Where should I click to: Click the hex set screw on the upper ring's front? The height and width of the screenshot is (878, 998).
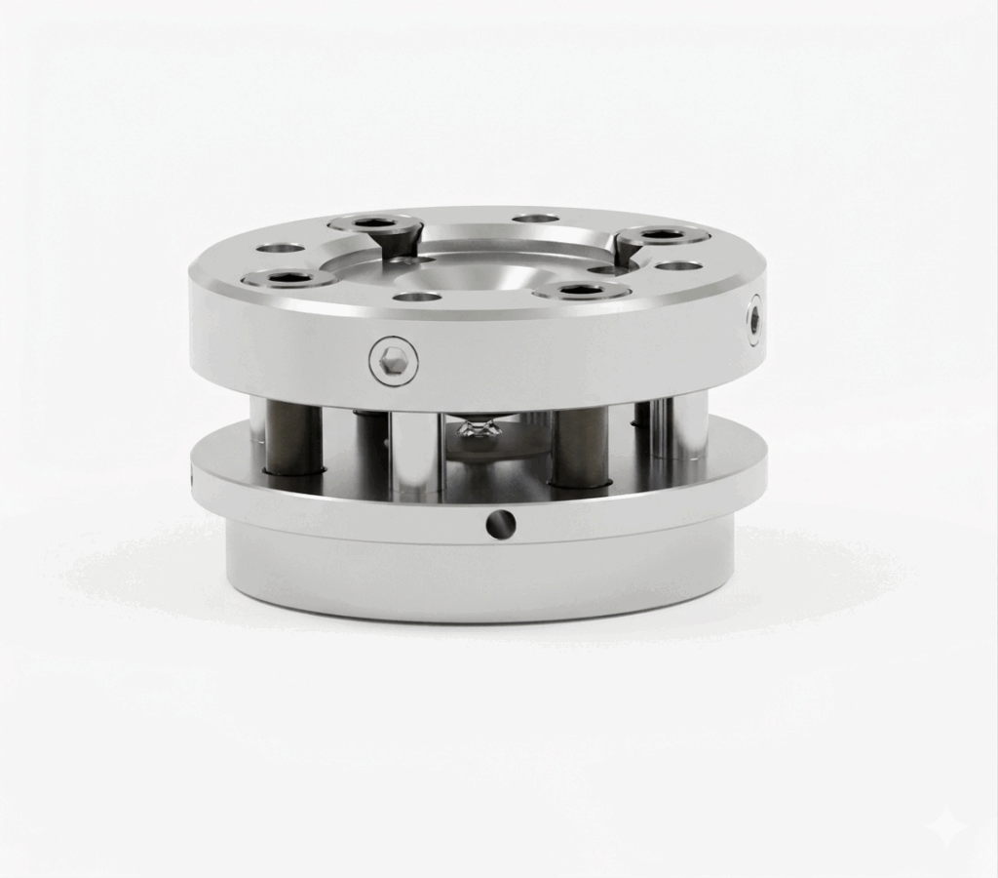tap(394, 361)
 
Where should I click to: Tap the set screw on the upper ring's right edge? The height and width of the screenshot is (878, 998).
tap(754, 320)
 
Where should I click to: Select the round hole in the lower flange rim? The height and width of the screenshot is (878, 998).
tap(501, 525)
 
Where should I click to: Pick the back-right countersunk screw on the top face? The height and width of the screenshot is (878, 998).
tap(664, 234)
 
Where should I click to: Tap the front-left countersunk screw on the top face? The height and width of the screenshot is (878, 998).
tap(288, 279)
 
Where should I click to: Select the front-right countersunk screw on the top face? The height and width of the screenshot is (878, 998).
tap(583, 290)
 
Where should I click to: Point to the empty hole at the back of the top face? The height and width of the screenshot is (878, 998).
tap(536, 218)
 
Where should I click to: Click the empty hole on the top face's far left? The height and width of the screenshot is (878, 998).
tap(281, 248)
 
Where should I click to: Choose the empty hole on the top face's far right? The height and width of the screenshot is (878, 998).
tap(679, 265)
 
